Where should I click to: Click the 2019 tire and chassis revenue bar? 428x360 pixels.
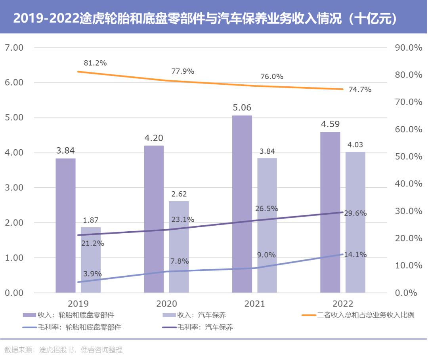coord(65,225)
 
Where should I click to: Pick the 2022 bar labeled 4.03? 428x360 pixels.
coord(355,222)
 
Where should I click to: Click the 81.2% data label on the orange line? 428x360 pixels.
coord(95,63)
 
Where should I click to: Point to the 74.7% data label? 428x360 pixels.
coord(360,90)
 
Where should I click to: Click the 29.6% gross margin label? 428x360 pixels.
coord(355,213)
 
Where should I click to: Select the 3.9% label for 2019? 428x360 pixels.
coord(92,274)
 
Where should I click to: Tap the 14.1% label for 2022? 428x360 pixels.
coord(355,255)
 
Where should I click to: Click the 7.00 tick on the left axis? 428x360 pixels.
coord(14,48)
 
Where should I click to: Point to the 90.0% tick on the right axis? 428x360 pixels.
coord(409,48)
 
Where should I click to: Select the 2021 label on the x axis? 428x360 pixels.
coord(254,304)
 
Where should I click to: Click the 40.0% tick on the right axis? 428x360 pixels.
coord(409,184)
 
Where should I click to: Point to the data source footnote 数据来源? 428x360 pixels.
coord(63,350)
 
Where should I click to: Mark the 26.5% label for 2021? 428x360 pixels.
coord(266,209)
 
